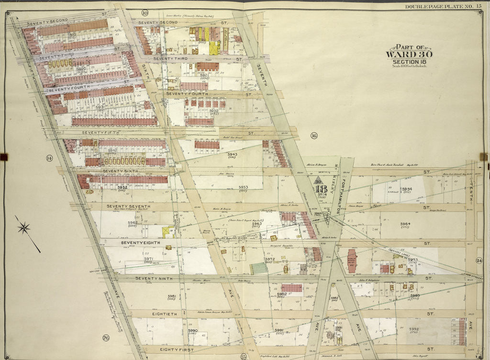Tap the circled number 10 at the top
(145, 12)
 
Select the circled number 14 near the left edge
(49, 158)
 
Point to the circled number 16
(314, 136)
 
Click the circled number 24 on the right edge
(479, 261)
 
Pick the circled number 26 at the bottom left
(106, 338)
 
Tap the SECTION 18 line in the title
(410, 62)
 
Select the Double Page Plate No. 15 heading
(444, 6)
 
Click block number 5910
(72, 35)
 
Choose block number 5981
(172, 296)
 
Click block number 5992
(413, 329)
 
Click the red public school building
(352, 261)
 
